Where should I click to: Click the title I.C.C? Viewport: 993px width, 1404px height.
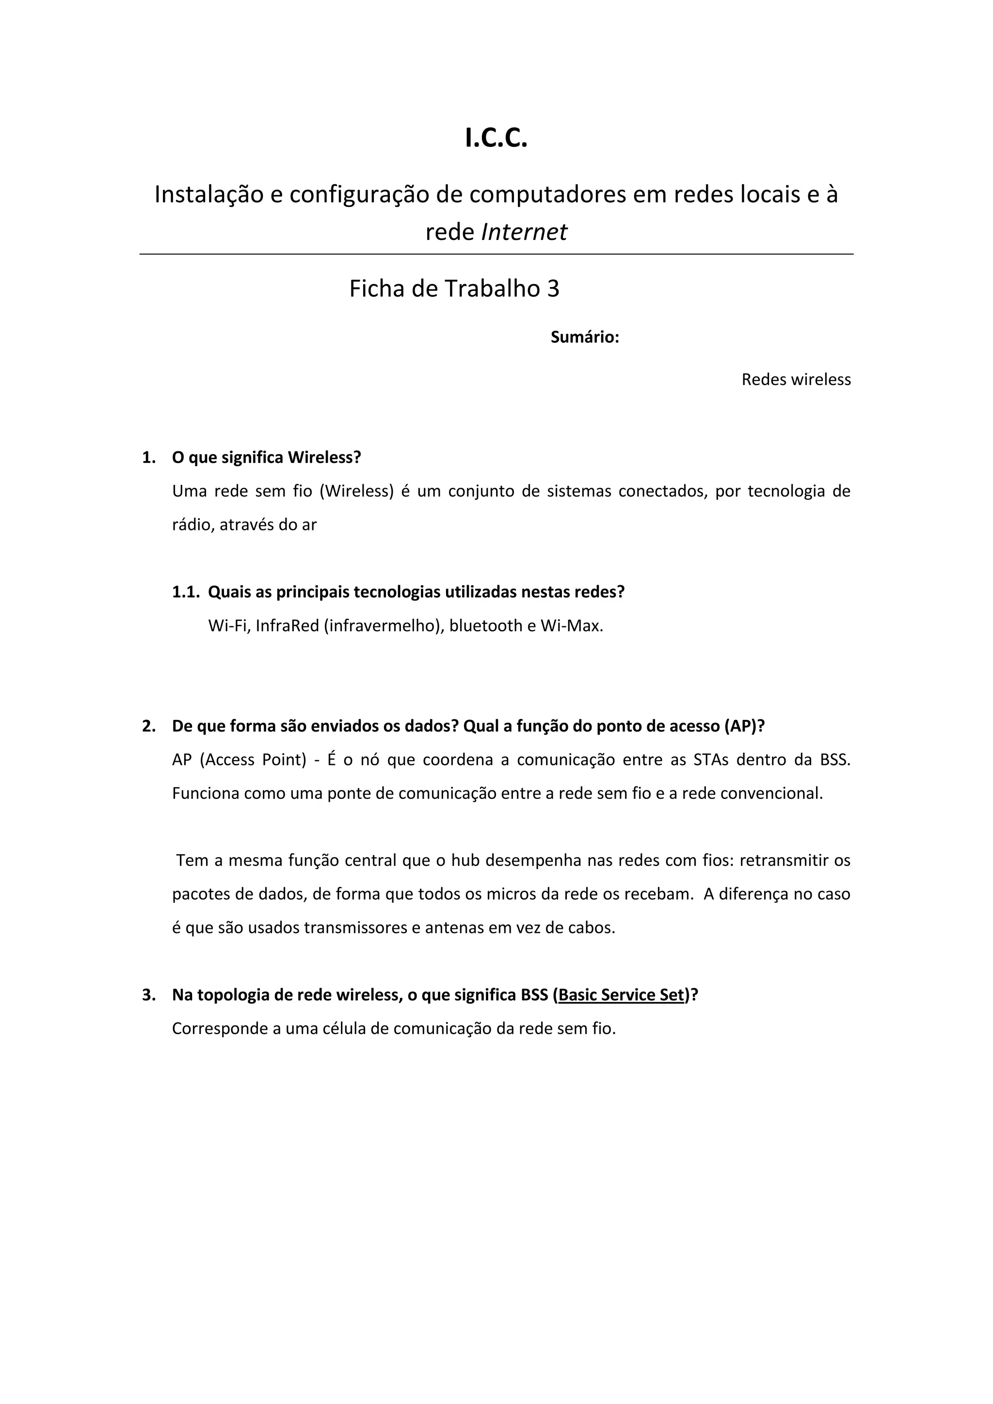click(x=496, y=139)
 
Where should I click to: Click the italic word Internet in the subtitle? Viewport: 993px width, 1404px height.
click(x=524, y=232)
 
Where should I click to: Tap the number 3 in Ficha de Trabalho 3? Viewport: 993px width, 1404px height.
click(x=552, y=288)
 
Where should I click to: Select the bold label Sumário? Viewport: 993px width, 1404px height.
click(x=585, y=337)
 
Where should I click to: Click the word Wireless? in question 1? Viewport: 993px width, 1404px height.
click(x=324, y=457)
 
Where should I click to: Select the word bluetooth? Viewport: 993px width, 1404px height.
click(x=485, y=625)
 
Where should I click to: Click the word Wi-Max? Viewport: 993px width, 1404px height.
click(x=572, y=625)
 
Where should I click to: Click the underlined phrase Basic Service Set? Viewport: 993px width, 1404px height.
click(x=621, y=995)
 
